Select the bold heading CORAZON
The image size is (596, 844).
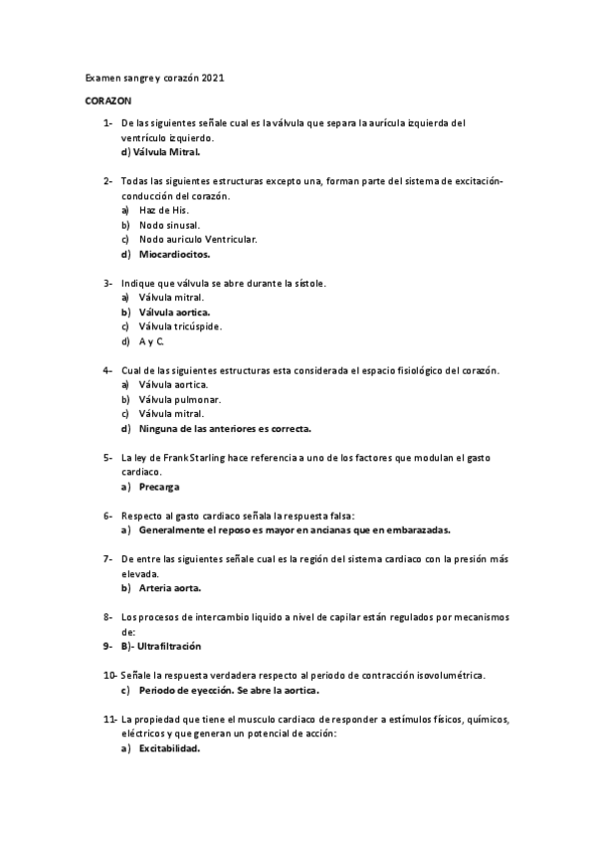(x=106, y=102)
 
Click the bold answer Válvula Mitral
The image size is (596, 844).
(x=166, y=152)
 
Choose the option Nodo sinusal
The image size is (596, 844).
(x=171, y=225)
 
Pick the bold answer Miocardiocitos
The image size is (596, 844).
(x=181, y=254)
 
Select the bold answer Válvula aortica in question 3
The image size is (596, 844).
(x=180, y=312)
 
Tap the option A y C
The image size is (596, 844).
(x=151, y=341)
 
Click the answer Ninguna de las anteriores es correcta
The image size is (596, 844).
(x=225, y=429)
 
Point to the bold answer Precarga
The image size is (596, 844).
(x=160, y=488)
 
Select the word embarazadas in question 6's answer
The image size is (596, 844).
(x=412, y=530)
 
